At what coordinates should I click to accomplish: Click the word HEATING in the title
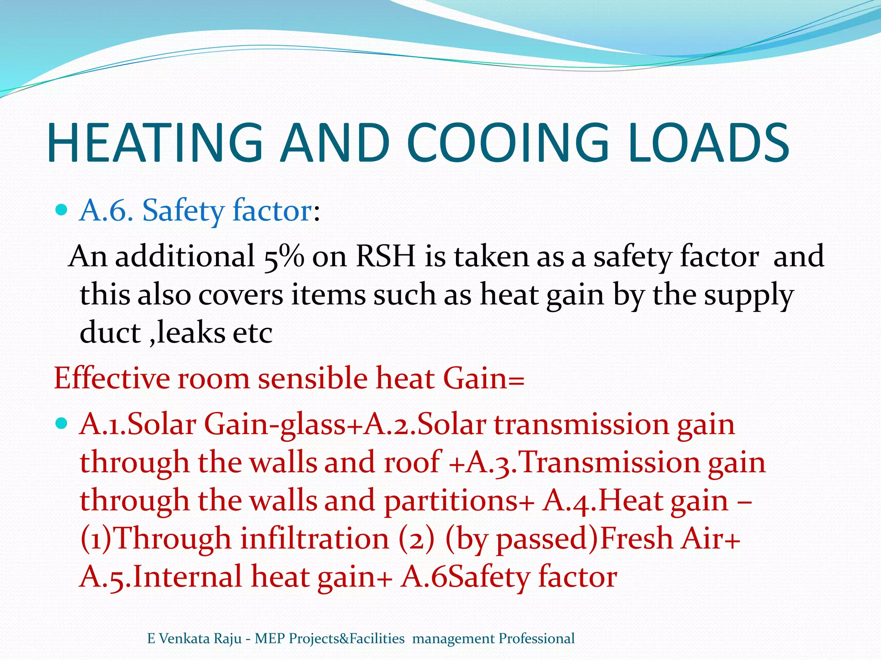(x=155, y=143)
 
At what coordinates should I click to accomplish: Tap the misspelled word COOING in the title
(x=508, y=143)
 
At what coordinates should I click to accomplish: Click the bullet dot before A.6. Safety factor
(x=62, y=210)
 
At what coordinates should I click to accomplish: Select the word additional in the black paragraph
(x=185, y=257)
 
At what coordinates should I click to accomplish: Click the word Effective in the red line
(x=111, y=379)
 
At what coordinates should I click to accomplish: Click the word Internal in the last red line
(x=188, y=577)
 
